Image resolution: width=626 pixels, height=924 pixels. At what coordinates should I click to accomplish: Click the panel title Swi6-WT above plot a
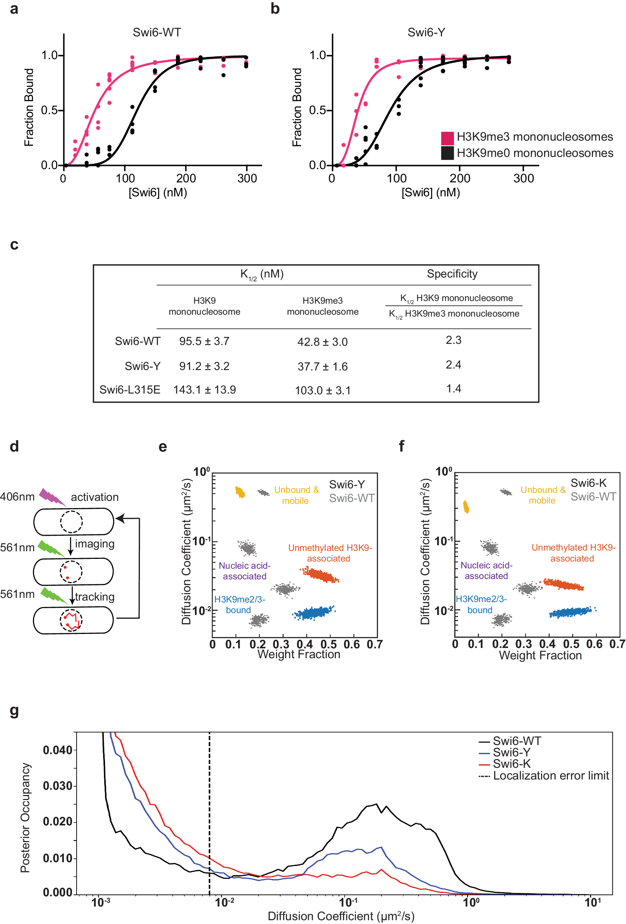pyautogui.click(x=157, y=33)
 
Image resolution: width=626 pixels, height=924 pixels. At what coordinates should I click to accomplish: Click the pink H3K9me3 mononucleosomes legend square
pyautogui.click(x=447, y=138)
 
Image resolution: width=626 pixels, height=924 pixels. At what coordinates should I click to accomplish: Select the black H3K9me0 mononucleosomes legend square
pyautogui.click(x=447, y=153)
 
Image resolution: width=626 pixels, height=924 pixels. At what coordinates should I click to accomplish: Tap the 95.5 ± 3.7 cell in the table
pyautogui.click(x=204, y=341)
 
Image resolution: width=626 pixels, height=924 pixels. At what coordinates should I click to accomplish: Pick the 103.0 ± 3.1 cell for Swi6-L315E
pyautogui.click(x=323, y=391)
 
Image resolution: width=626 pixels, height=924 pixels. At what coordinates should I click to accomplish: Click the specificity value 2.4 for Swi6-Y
pyautogui.click(x=453, y=365)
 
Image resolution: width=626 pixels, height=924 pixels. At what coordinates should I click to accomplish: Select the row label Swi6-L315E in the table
pyautogui.click(x=130, y=390)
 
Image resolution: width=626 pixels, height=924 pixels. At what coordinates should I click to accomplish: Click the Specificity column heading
pyautogui.click(x=452, y=274)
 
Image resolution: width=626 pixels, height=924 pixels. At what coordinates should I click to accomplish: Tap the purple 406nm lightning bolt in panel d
pyautogui.click(x=52, y=497)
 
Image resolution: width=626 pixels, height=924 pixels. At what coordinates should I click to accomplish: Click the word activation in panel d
pyautogui.click(x=95, y=497)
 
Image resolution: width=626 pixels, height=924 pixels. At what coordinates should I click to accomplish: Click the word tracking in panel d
pyautogui.click(x=95, y=597)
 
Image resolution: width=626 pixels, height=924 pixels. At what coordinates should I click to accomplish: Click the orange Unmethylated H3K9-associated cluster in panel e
pyautogui.click(x=320, y=575)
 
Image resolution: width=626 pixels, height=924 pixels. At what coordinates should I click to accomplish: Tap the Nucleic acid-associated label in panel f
pyautogui.click(x=486, y=571)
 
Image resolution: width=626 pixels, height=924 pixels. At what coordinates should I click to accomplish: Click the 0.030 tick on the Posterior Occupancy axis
pyautogui.click(x=58, y=786)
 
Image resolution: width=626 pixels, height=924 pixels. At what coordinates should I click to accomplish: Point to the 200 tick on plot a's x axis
pyautogui.click(x=186, y=179)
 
